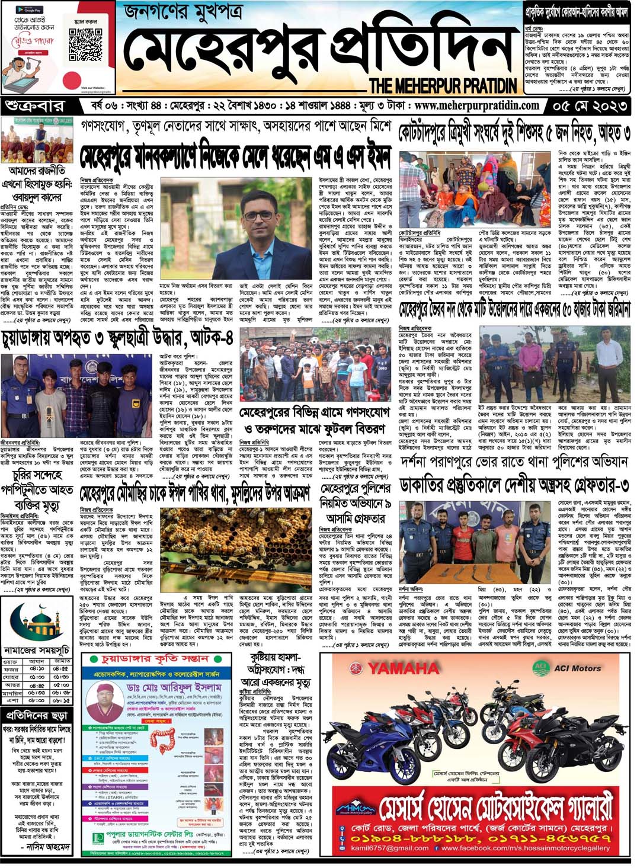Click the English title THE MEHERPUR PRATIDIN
click(443, 85)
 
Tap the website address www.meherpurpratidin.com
click(477, 106)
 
